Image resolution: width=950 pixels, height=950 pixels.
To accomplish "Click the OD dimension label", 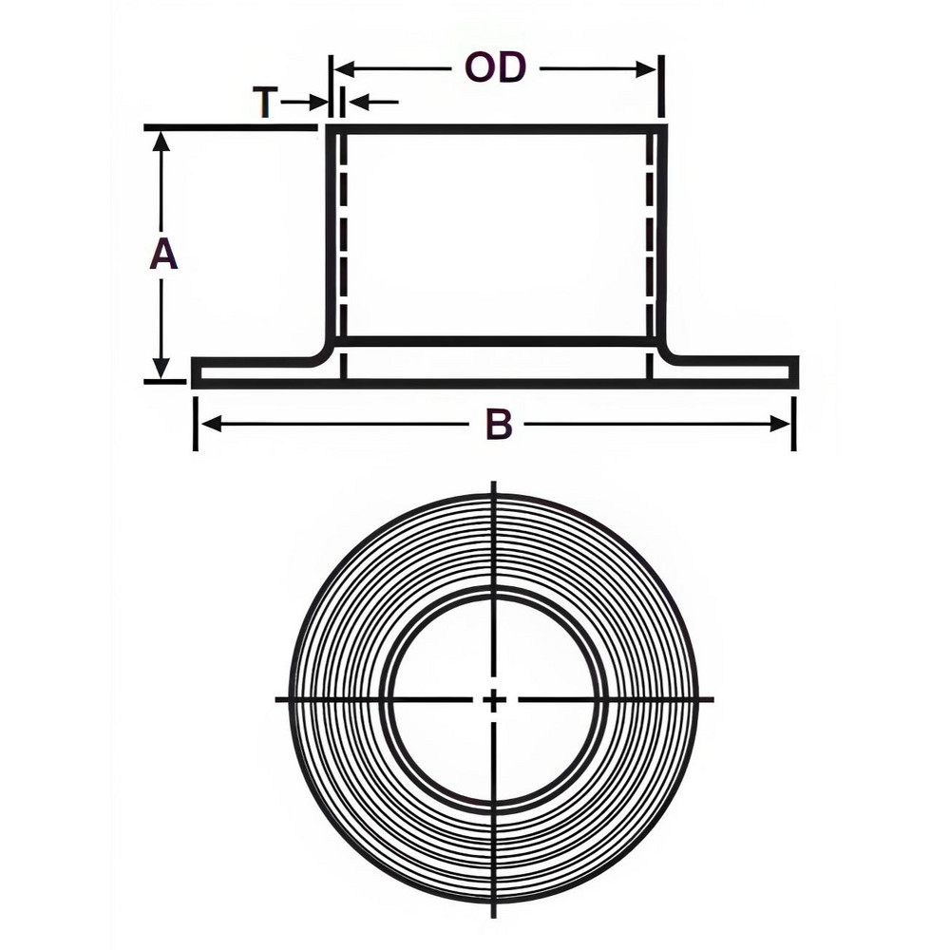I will point(494,68).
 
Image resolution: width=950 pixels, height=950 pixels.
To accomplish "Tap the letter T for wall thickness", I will point(265,102).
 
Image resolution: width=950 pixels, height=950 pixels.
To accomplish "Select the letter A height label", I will point(163,256).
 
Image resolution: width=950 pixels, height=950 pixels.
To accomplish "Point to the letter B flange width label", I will point(499,426).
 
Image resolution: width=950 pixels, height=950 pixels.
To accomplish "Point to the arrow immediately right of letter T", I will point(315,102).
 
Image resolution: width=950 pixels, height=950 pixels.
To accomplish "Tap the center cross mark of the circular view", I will point(494,700).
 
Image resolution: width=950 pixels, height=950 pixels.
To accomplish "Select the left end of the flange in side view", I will point(196,372).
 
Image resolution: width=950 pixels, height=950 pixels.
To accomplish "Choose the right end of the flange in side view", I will point(794,372).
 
